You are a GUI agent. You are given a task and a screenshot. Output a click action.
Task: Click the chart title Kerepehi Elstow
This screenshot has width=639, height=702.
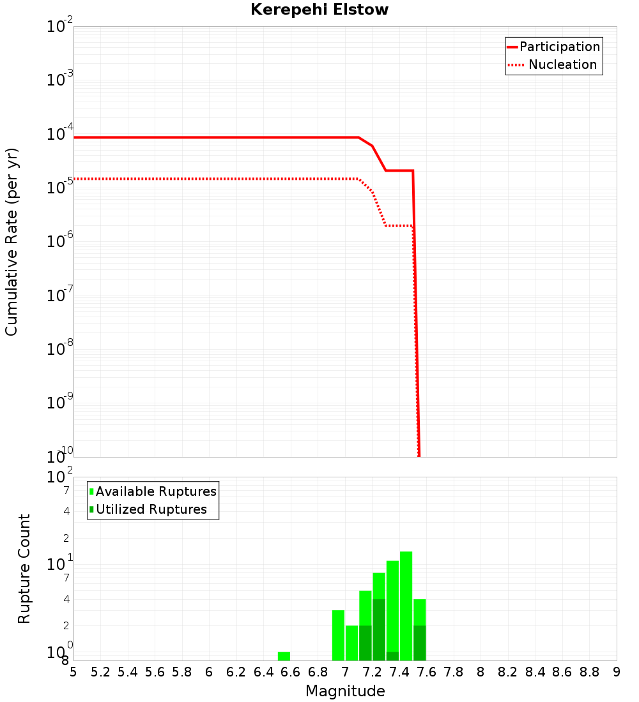click(319, 10)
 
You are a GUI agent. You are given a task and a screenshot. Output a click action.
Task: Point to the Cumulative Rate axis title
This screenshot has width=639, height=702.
click(12, 242)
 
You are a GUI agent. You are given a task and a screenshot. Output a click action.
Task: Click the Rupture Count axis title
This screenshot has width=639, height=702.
click(24, 569)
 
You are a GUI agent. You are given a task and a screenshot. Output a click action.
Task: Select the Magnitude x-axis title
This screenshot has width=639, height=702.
click(345, 691)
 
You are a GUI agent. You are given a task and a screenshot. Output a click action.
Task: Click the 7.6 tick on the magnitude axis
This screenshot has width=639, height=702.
click(426, 672)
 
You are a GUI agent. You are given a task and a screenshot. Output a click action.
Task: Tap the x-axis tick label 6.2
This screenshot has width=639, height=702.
click(236, 672)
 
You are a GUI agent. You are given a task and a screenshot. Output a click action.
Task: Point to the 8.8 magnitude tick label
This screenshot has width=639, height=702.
click(589, 672)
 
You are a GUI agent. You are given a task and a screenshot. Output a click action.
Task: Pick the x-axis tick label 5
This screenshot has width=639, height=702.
click(73, 672)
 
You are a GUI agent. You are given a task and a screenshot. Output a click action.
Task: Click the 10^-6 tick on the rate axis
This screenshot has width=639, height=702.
click(60, 241)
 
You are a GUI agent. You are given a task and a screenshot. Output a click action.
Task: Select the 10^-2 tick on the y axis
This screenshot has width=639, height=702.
click(60, 27)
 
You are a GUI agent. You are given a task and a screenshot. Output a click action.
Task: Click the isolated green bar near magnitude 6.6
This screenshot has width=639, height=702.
click(284, 656)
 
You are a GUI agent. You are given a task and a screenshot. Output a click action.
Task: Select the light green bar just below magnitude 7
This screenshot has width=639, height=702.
click(338, 635)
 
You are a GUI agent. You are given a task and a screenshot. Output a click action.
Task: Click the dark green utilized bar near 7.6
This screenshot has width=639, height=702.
click(419, 643)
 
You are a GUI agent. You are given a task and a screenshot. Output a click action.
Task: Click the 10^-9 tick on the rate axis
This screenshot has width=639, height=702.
click(60, 402)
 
